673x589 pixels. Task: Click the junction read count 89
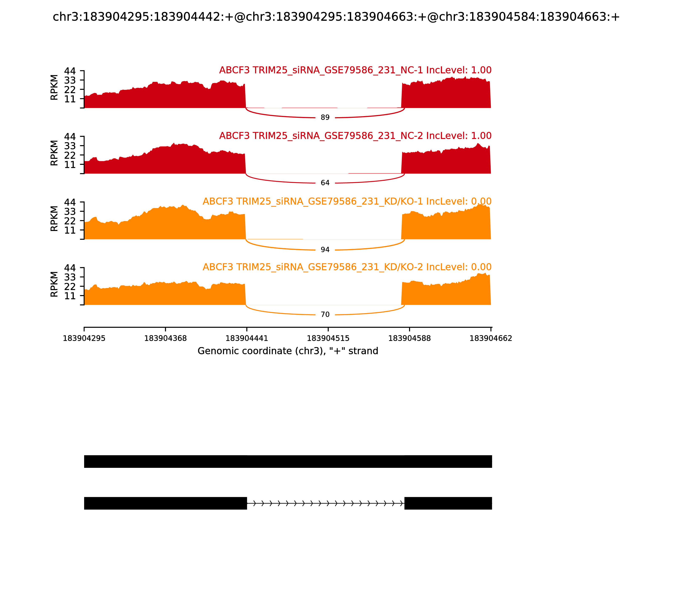325,118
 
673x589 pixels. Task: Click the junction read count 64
325,183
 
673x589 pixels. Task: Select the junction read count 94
325,250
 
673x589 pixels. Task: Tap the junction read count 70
325,314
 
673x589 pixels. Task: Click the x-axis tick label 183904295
84,338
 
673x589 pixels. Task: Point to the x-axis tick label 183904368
165,338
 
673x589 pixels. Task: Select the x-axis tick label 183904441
247,338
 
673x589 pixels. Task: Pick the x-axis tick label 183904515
328,338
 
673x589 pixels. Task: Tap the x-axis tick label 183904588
409,338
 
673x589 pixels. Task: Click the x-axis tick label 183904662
491,338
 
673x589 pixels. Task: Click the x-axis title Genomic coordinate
288,351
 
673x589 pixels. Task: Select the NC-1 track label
355,70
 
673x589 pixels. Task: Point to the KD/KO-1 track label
347,202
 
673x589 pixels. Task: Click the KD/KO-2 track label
347,267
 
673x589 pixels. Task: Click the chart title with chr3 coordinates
336,17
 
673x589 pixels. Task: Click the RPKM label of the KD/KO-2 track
54,284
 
